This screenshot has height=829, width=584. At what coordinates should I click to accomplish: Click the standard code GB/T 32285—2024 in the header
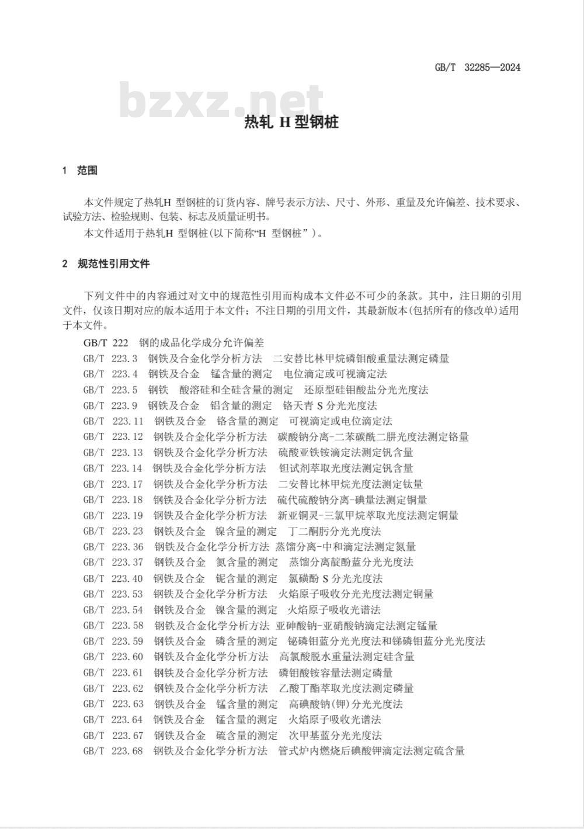(477, 67)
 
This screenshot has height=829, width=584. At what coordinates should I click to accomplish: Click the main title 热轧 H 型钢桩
(291, 123)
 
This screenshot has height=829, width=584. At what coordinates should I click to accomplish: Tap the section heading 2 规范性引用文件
(106, 263)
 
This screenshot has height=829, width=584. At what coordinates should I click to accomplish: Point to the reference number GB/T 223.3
(110, 358)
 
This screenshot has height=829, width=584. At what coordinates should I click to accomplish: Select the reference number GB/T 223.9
(110, 405)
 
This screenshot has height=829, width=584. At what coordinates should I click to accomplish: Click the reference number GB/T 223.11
(113, 421)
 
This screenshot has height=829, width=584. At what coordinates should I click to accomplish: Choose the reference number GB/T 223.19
(113, 515)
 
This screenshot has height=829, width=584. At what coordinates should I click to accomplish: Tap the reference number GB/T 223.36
(113, 547)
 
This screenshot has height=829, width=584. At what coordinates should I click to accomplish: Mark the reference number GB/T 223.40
(113, 578)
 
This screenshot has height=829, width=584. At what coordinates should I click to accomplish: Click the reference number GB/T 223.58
(113, 626)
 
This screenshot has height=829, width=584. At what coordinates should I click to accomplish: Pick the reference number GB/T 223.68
(113, 751)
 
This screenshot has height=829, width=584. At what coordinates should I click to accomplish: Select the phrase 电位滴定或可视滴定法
(335, 374)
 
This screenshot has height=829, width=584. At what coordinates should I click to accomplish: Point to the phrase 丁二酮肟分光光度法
(335, 531)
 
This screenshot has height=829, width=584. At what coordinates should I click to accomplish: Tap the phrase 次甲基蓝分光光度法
(335, 736)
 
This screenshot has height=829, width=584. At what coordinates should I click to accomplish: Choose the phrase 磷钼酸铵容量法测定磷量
(336, 672)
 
